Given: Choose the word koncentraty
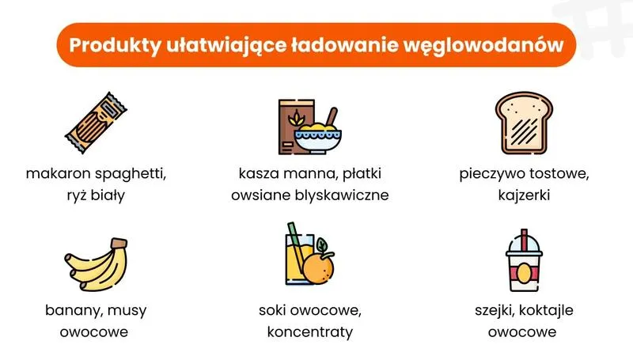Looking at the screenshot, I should tap(309, 332).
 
